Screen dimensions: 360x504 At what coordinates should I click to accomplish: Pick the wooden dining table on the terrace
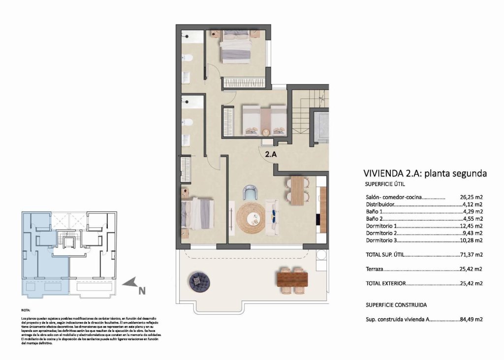tap(292, 279)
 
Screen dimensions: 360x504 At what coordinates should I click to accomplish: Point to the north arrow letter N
tap(142, 291)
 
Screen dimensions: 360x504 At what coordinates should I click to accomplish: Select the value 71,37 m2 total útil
tap(471, 255)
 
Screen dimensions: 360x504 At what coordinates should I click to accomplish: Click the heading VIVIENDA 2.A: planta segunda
tap(425, 173)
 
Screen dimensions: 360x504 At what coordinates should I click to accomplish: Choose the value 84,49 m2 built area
tap(471, 319)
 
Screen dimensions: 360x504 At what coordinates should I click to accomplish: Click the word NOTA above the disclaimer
tap(26, 311)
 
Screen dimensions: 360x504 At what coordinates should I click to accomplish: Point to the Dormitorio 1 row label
tap(381, 226)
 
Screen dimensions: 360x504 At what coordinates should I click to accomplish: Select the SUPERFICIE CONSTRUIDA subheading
tap(396, 304)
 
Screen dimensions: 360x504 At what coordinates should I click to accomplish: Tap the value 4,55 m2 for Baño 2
tap(472, 218)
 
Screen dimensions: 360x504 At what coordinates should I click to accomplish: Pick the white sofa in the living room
tap(272, 216)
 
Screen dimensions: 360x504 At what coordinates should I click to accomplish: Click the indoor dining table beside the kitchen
tap(297, 190)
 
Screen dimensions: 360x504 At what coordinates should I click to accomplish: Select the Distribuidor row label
tap(380, 204)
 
